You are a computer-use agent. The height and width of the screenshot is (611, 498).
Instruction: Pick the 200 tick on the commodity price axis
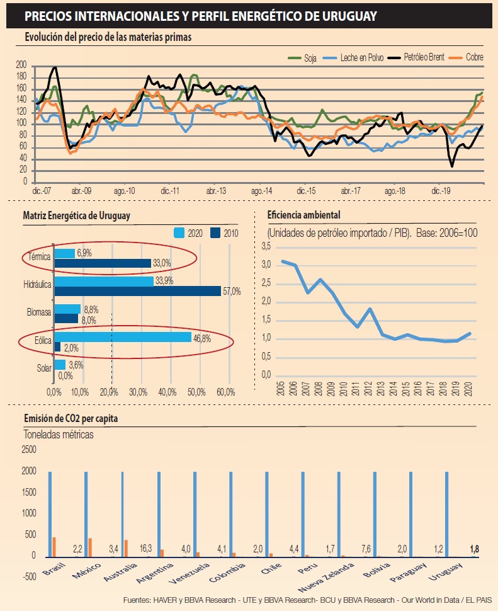(21, 65)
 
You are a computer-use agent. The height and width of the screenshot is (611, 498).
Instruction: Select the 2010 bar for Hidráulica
(137, 291)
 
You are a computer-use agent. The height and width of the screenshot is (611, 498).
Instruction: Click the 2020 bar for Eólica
(122, 337)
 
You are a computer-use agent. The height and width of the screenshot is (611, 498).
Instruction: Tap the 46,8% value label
(202, 338)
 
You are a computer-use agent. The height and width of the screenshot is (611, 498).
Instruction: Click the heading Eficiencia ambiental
(303, 214)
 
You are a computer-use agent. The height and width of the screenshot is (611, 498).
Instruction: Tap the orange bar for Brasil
(54, 547)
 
